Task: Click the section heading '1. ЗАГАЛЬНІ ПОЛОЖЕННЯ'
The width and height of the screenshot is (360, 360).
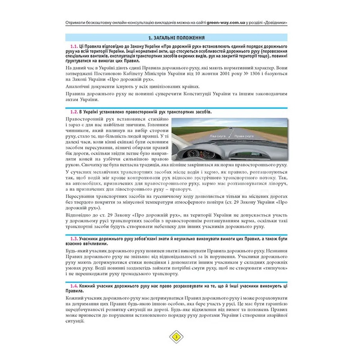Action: point(180,39)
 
